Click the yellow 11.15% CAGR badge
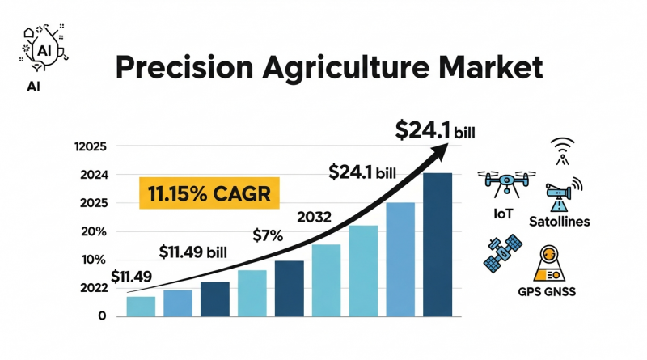[209, 193]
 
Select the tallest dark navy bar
[438, 245]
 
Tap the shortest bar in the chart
[141, 307]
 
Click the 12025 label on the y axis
[91, 146]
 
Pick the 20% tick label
[94, 231]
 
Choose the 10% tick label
[94, 260]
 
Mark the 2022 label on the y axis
[94, 288]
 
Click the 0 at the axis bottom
[102, 316]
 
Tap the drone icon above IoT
[507, 183]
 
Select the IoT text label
[503, 214]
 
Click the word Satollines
[559, 222]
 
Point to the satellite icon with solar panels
[503, 253]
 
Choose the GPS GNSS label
[547, 292]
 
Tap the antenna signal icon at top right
[562, 151]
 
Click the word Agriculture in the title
[346, 68]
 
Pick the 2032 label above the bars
[314, 217]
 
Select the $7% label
[268, 235]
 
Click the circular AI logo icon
[44, 49]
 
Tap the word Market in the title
[491, 67]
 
